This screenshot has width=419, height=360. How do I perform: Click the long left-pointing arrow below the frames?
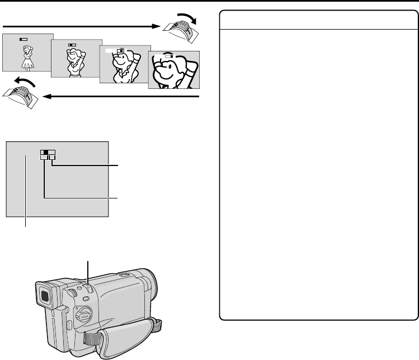click(x=123, y=97)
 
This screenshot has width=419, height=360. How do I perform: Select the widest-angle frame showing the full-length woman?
click(x=27, y=53)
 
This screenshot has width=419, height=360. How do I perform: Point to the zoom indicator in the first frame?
click(x=23, y=40)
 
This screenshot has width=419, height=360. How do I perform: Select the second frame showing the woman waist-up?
click(x=75, y=62)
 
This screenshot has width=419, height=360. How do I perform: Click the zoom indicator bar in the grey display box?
click(x=48, y=153)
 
